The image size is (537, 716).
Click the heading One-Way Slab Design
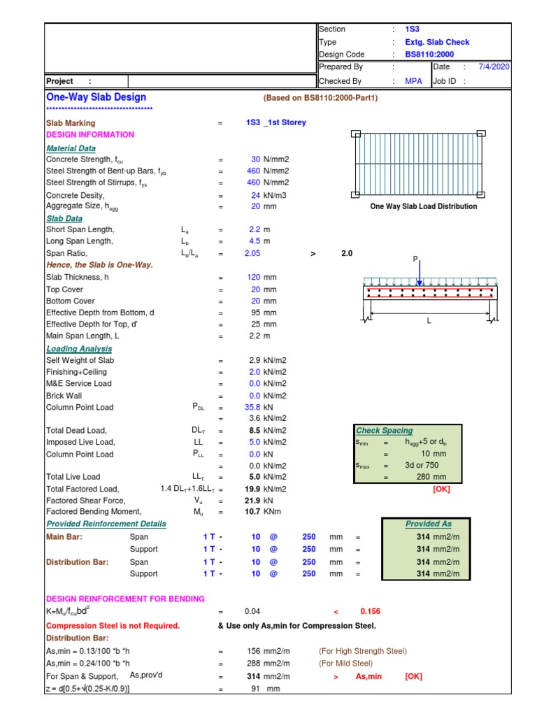(96, 97)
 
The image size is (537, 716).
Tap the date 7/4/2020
(494, 67)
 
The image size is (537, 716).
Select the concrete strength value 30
(255, 159)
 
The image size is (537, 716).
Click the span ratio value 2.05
(252, 253)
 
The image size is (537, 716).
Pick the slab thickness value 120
(253, 278)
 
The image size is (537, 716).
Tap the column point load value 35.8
(252, 406)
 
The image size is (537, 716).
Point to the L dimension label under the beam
(429, 321)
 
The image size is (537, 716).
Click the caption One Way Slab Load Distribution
(424, 206)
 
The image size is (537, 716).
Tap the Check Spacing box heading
(385, 431)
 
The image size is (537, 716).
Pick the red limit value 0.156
(370, 611)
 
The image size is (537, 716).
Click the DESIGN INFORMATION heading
(90, 134)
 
